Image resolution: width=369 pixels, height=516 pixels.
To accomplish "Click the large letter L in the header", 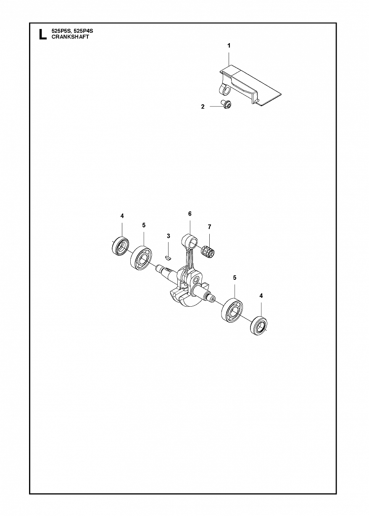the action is click(42, 34).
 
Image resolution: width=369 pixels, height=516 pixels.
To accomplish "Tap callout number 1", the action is click(229, 46).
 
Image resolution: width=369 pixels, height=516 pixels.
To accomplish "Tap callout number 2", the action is click(203, 107).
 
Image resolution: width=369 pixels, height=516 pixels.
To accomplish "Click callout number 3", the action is click(168, 236).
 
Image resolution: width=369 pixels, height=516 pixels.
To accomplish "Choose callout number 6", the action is click(190, 214).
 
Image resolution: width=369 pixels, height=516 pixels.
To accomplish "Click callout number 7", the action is click(209, 227).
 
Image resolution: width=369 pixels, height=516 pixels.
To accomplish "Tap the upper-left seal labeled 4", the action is click(121, 246).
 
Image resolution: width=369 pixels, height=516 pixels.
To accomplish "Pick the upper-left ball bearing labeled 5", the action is click(140, 258).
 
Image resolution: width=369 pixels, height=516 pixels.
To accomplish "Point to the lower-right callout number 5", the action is click(235, 278).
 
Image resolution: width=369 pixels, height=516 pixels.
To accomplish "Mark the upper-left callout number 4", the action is click(122, 216).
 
